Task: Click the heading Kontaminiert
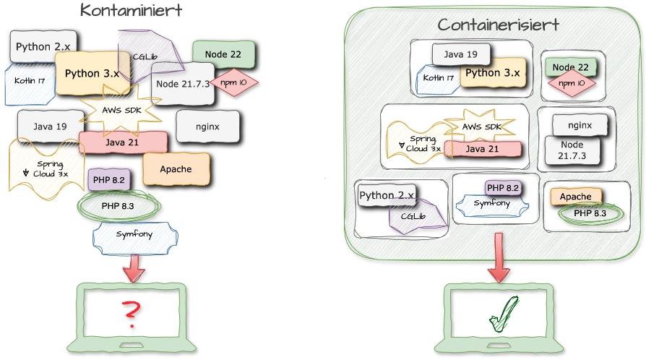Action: pos(131,11)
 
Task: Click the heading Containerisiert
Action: pos(498,25)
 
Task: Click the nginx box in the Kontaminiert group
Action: pos(207,127)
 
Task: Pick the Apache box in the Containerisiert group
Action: pos(575,197)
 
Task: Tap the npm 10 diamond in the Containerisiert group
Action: pos(572,84)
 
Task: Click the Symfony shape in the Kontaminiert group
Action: pos(134,235)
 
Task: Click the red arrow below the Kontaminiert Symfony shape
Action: pos(134,267)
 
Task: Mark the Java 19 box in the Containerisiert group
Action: pos(461,54)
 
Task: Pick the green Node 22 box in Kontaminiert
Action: pos(223,53)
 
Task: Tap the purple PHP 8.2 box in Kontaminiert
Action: pos(109,179)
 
